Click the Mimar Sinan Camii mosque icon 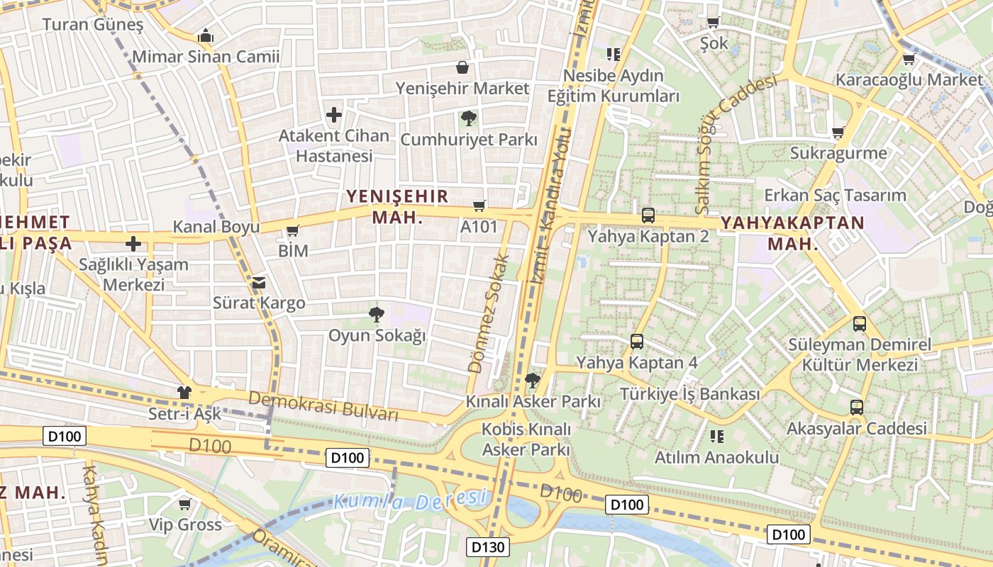click(x=206, y=35)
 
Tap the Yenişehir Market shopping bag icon click(x=462, y=67)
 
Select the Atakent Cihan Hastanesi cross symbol click(x=333, y=114)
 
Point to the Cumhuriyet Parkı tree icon click(x=468, y=118)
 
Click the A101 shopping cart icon click(x=479, y=206)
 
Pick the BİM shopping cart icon click(x=292, y=230)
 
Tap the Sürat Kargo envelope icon click(x=259, y=282)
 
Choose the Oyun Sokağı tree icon click(x=376, y=313)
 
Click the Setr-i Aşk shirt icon click(x=184, y=392)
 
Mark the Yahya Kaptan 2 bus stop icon click(x=648, y=215)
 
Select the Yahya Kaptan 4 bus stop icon click(x=636, y=342)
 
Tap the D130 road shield click(x=489, y=547)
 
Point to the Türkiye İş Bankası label click(x=689, y=394)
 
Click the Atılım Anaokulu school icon click(x=716, y=436)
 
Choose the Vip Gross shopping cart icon click(x=185, y=504)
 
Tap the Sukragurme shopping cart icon click(x=838, y=132)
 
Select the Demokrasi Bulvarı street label click(x=323, y=406)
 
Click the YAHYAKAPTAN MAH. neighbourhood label click(x=792, y=233)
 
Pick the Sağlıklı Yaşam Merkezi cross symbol click(x=133, y=245)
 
